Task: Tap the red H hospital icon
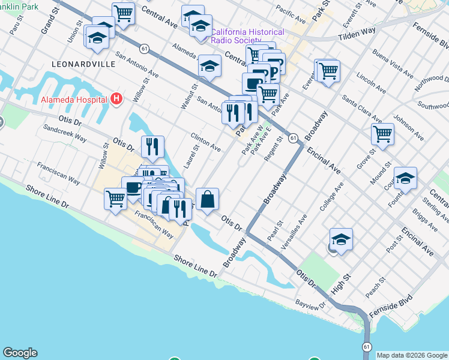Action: [117, 99]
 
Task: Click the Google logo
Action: [20, 353]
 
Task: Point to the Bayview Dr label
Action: [310, 304]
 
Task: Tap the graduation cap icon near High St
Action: [341, 239]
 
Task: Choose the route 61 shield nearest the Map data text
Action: [366, 347]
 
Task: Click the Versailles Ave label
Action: [295, 231]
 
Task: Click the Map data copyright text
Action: [412, 355]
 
